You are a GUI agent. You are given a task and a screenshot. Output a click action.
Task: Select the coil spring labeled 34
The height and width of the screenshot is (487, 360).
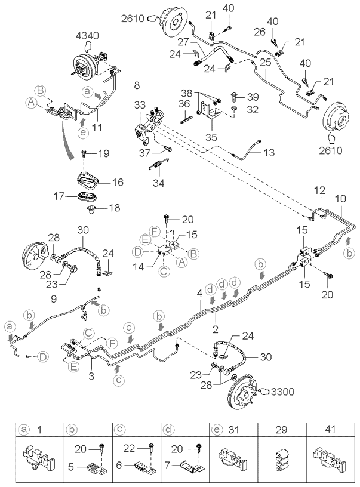point(158,165)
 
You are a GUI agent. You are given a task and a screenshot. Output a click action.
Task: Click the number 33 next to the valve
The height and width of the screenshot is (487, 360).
point(140,104)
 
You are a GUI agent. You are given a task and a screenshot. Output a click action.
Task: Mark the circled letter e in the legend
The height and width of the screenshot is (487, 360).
point(216,429)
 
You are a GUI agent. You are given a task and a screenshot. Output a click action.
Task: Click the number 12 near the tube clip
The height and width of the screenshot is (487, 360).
point(319,190)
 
